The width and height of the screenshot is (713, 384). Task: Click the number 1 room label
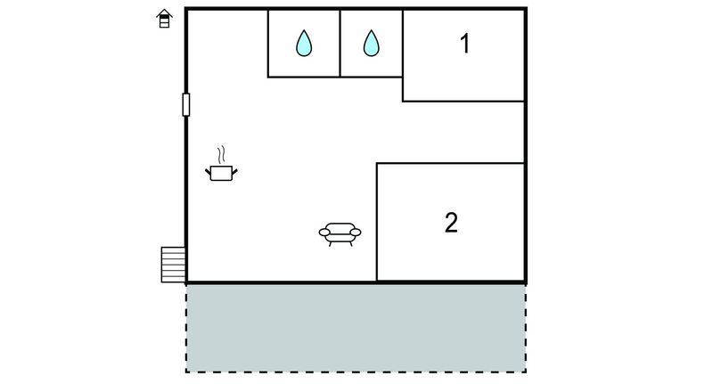click(464, 44)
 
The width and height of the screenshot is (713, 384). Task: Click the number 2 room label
click(451, 223)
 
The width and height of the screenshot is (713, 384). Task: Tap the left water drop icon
click(304, 43)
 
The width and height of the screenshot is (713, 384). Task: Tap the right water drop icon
click(371, 43)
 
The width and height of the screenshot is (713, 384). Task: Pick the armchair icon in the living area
click(340, 234)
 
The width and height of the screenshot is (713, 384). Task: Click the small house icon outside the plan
click(164, 19)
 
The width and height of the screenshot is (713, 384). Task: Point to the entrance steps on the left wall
click(173, 265)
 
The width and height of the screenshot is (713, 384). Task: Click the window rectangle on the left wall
click(186, 104)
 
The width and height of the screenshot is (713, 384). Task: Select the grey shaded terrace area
click(356, 328)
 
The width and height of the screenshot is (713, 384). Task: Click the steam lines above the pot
click(221, 154)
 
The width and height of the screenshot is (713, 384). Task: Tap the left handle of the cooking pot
click(208, 172)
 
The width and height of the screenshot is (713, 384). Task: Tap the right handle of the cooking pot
click(234, 172)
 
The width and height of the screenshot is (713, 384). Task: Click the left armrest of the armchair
click(324, 233)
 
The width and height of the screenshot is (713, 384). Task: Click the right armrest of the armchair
click(356, 233)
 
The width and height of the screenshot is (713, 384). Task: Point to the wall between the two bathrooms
click(340, 44)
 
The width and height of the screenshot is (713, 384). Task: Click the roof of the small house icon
click(164, 12)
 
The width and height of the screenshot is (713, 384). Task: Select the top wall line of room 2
click(451, 163)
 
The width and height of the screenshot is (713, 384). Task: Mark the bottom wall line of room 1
click(463, 101)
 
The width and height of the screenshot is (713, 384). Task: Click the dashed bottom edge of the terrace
click(356, 372)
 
